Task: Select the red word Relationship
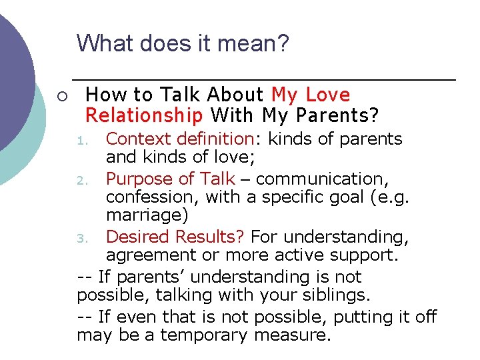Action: [x=144, y=115]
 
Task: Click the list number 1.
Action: [x=81, y=141]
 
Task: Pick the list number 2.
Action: [x=81, y=179]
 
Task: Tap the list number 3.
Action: [x=81, y=238]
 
